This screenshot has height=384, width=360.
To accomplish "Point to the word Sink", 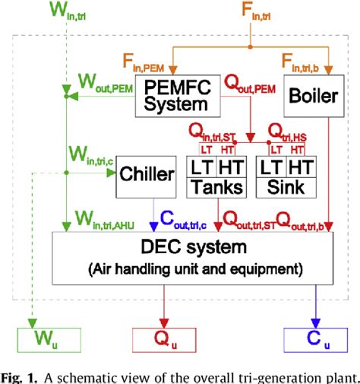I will click(285, 187).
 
